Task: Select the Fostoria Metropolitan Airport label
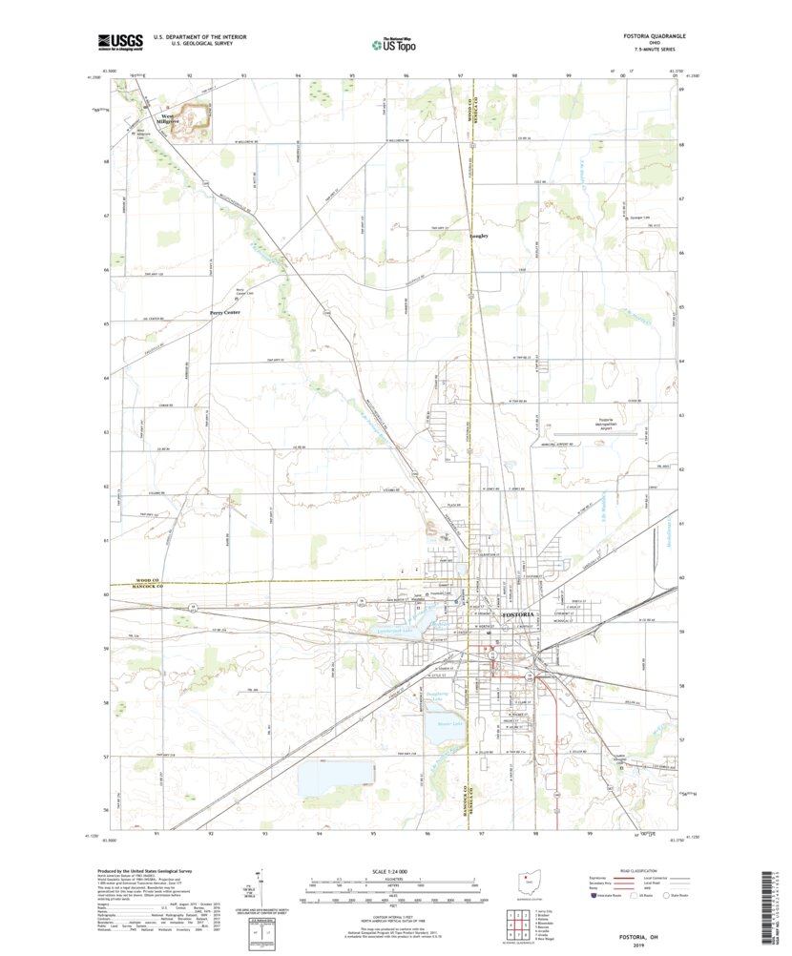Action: [590, 424]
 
